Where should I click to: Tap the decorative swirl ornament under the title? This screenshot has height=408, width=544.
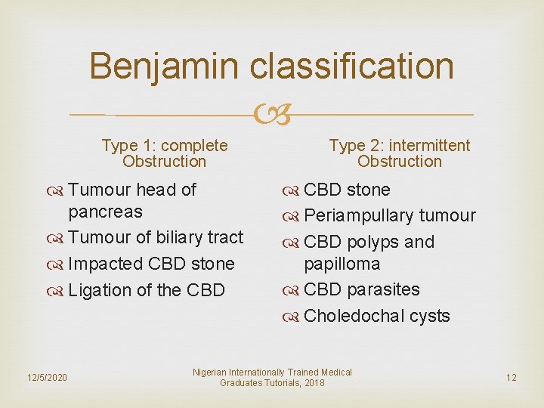click(272, 116)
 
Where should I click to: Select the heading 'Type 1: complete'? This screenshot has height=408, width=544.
click(165, 145)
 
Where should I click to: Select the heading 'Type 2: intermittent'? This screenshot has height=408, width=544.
click(399, 145)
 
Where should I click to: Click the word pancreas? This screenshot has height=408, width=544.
click(105, 212)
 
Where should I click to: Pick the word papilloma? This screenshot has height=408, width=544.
click(342, 264)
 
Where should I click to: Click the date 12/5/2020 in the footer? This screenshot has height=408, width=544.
click(47, 377)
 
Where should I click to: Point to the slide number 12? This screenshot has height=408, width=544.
click(512, 377)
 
